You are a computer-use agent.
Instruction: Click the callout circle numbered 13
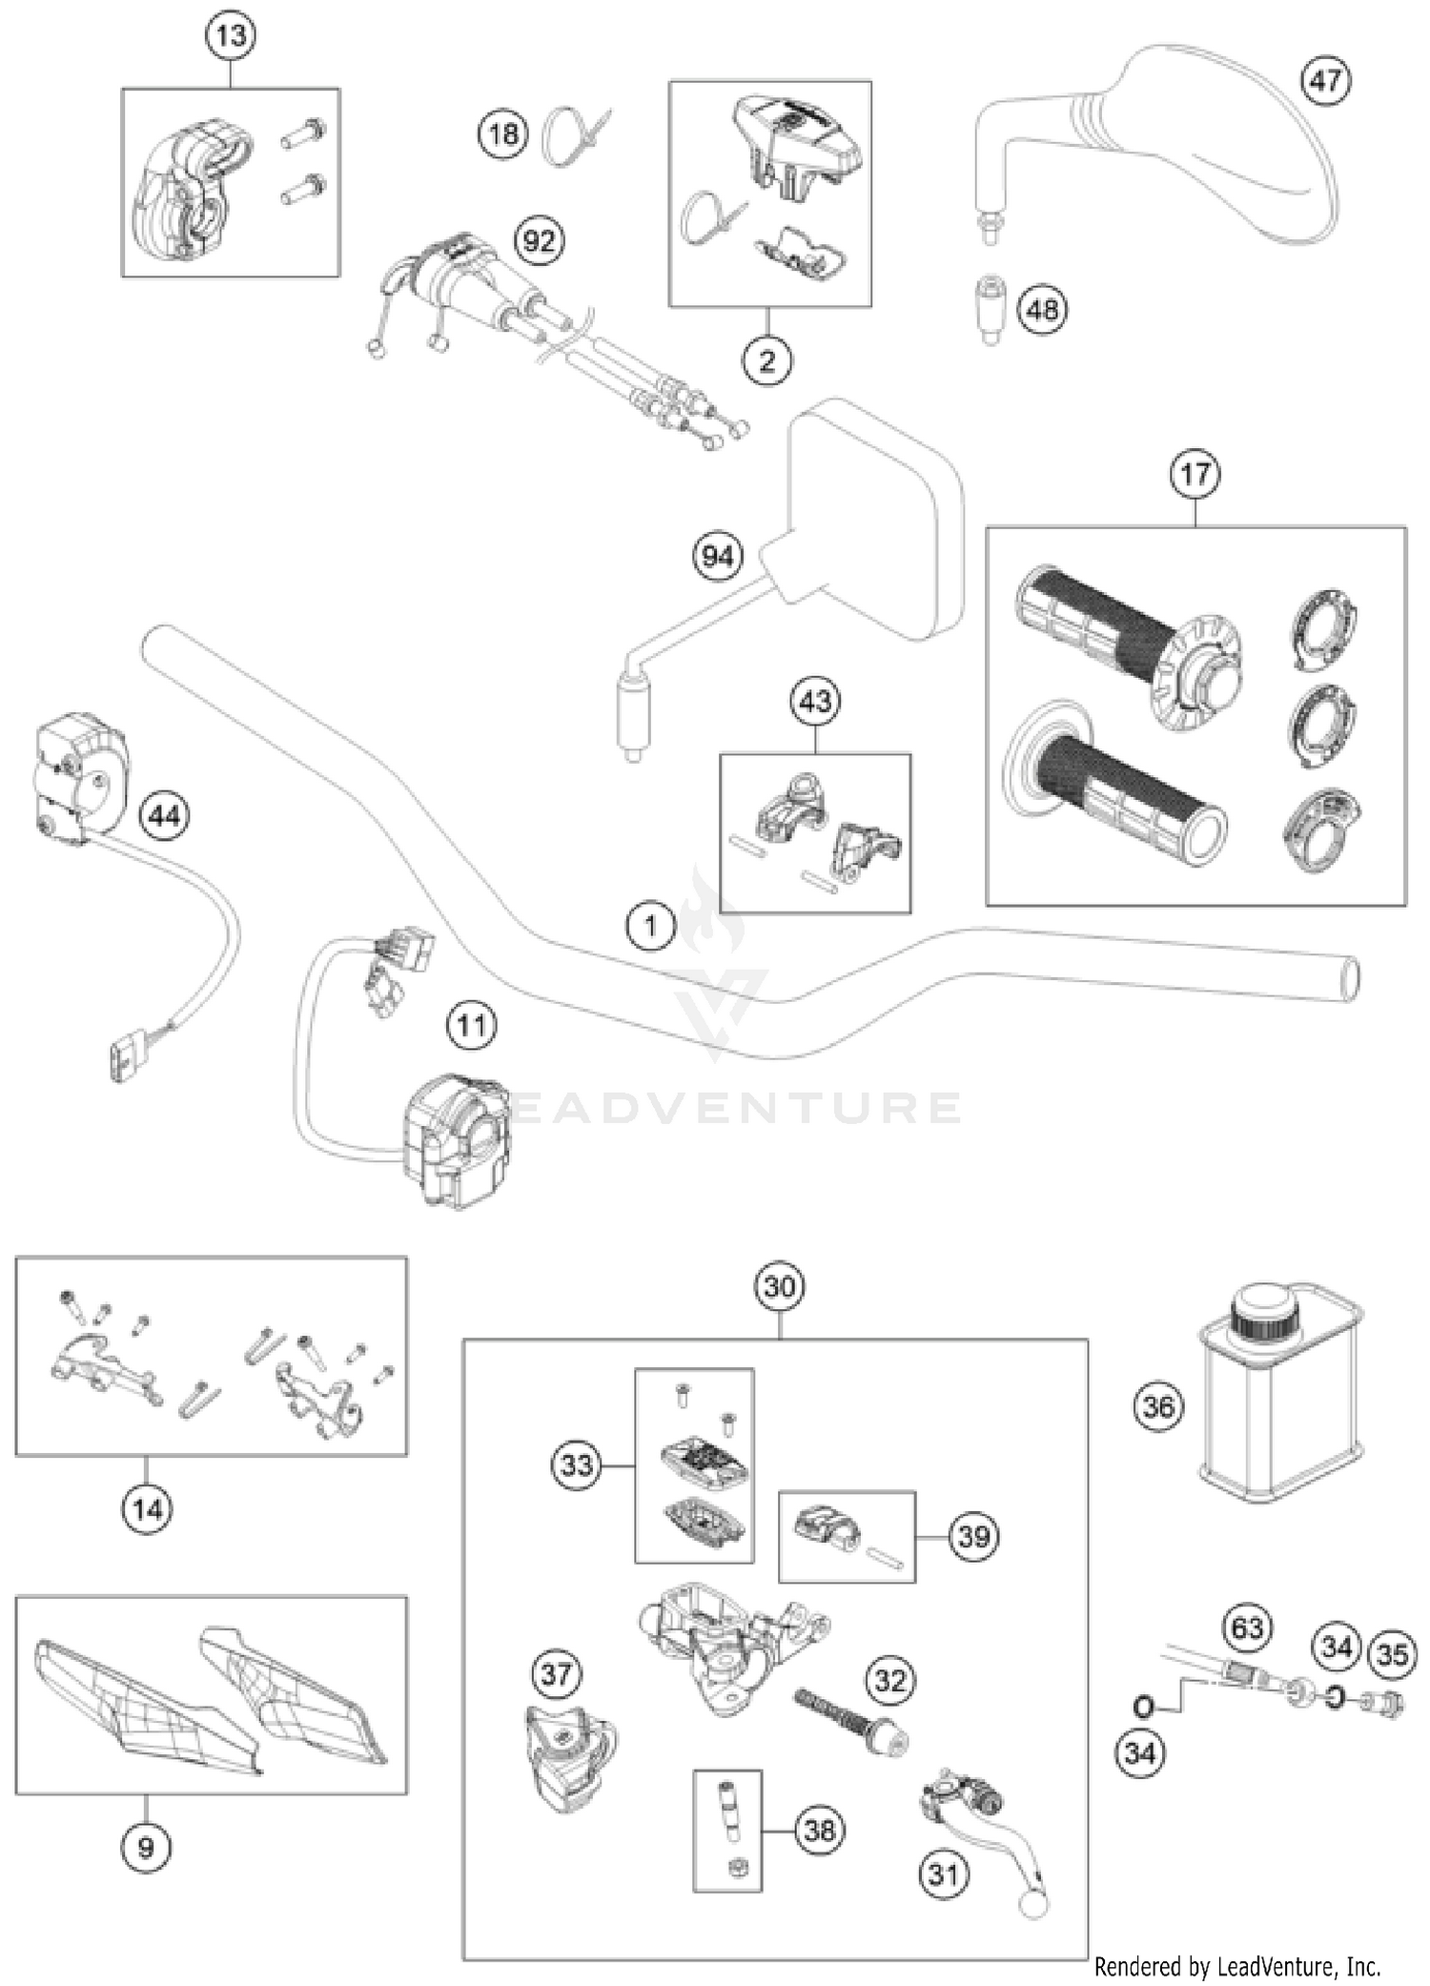231,36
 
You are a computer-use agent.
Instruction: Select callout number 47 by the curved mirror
1325,80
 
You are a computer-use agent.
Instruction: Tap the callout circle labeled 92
539,240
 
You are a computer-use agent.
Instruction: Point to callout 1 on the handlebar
651,925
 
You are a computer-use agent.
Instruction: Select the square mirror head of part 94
872,520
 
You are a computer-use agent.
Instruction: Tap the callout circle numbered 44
164,816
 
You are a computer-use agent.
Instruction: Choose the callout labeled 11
472,1026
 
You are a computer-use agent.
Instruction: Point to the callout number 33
577,1464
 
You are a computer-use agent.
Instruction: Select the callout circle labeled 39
973,1536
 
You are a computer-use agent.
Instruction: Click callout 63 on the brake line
1247,1628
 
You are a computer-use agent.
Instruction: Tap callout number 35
1392,1653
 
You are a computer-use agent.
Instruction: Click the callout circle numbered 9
146,1848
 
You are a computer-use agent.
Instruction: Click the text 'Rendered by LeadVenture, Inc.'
1236,1966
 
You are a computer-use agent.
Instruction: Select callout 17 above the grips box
1195,474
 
